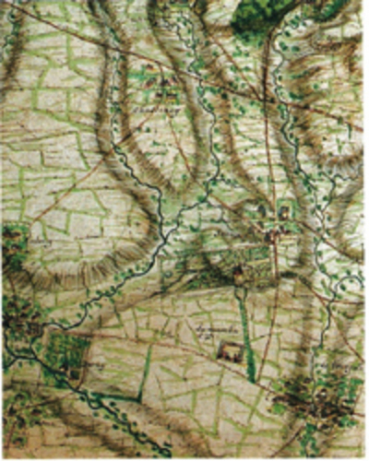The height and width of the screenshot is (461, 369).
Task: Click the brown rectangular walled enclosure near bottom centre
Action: click(228, 351)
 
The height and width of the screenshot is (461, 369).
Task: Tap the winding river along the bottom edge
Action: click(120, 415)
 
